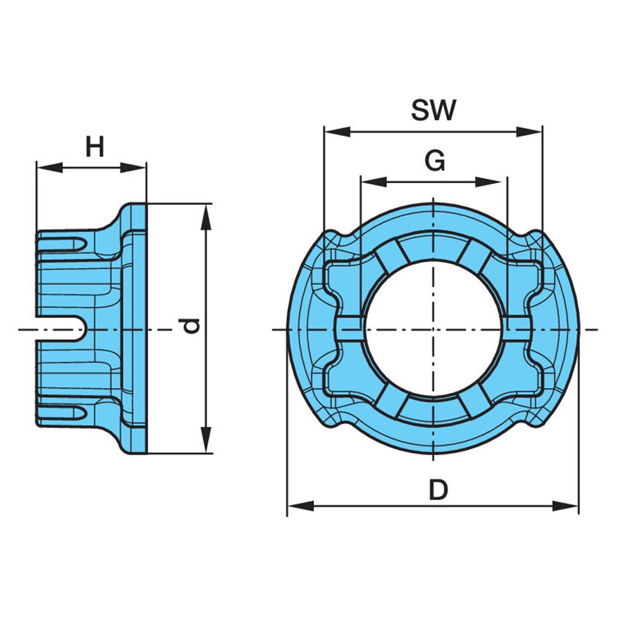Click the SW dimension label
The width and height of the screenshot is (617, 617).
434,110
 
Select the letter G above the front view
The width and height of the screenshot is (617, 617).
435,160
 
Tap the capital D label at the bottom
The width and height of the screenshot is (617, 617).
438,490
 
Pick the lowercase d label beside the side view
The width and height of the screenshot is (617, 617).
192,326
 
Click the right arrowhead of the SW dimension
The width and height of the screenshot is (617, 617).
529,132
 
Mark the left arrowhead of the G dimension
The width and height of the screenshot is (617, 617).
374,182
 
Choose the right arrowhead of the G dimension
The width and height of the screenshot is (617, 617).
488,182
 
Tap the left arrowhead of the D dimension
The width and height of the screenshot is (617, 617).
301,506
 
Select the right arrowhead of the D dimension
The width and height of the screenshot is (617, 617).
565,506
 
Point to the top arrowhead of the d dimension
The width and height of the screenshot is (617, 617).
206,217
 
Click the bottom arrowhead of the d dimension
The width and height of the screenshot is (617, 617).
206,440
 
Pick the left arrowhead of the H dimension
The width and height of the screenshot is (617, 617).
49,167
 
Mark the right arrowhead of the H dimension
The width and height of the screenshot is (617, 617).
133,167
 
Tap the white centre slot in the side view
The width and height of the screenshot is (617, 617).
61,329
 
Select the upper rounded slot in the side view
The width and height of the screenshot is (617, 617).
62,244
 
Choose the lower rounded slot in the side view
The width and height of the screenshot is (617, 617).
62,412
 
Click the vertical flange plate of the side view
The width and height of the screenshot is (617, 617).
138,329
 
